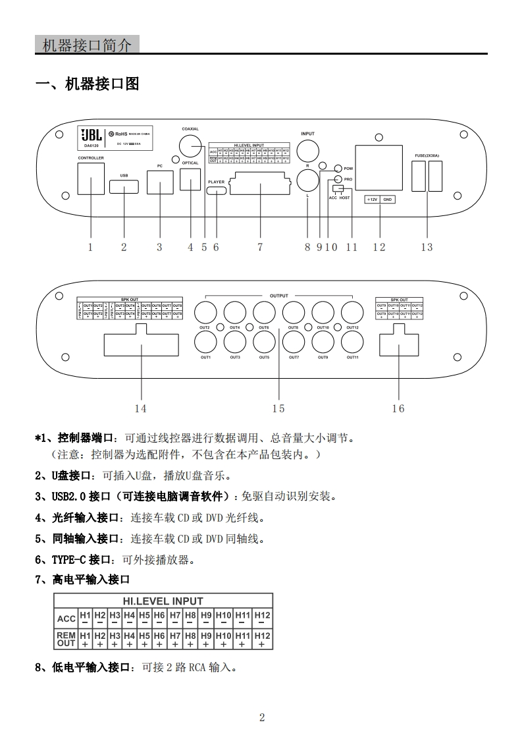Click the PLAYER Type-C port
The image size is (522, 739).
tap(216, 191)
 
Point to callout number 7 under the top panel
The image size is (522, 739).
tap(260, 247)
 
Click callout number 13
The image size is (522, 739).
tap(427, 247)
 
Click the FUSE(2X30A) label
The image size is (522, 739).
tap(427, 155)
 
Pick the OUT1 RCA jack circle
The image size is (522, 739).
tap(205, 341)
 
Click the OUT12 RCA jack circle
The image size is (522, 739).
tap(352, 312)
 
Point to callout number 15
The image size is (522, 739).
tap(278, 408)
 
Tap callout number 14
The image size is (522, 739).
tap(140, 408)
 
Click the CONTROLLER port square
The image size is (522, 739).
tap(91, 178)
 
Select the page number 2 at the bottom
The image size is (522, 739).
tap(261, 717)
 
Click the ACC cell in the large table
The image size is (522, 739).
tap(66, 618)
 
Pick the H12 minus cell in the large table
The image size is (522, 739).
tap(262, 618)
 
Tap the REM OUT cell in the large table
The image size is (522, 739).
tap(66, 639)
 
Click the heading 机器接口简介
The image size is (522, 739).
tap(86, 45)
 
